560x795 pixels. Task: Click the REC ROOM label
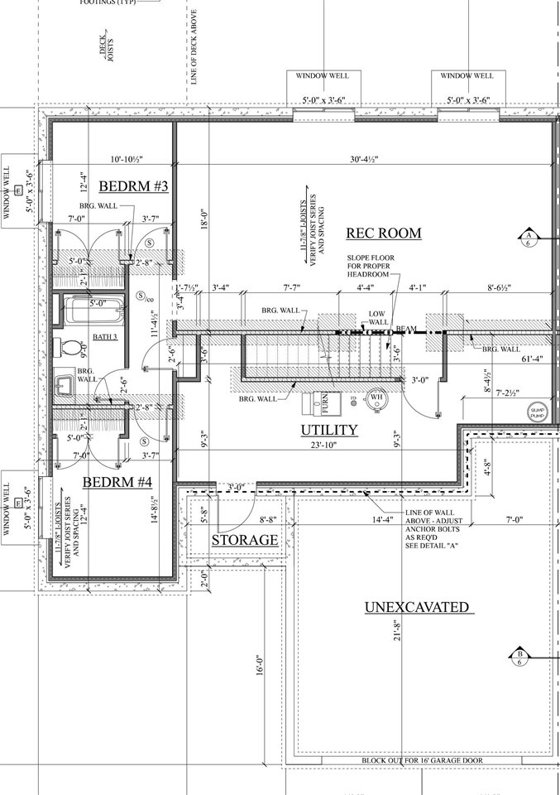pyautogui.click(x=383, y=233)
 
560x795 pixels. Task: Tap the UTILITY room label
pyautogui.click(x=328, y=430)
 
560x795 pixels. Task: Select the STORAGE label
pyautogui.click(x=244, y=540)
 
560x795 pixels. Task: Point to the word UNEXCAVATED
pyautogui.click(x=418, y=608)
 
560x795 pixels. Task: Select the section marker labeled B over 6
pyautogui.click(x=519, y=658)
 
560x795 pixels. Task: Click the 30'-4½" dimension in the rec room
pyautogui.click(x=352, y=161)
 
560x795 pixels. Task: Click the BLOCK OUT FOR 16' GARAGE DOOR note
pyautogui.click(x=422, y=761)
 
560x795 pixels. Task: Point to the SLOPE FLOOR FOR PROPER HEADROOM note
pyautogui.click(x=371, y=268)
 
